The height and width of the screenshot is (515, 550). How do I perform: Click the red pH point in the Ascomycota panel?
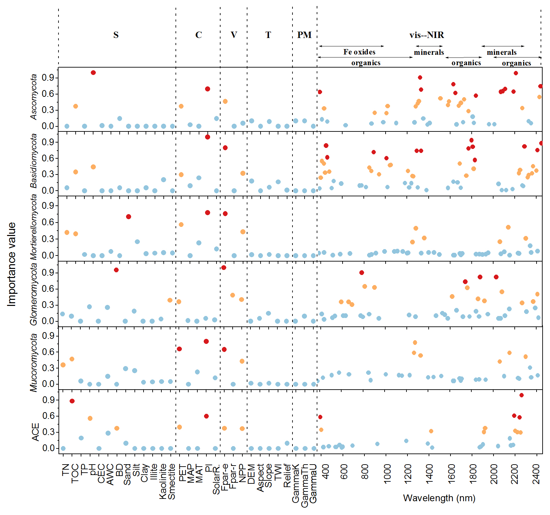click(93, 73)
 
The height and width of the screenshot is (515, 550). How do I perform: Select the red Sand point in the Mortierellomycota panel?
click(128, 216)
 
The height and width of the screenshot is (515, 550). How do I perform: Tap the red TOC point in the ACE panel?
click(72, 401)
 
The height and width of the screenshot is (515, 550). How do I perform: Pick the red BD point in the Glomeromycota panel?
click(116, 270)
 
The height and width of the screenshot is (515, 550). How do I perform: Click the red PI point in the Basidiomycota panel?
click(207, 137)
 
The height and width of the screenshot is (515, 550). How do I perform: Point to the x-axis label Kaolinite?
click(163, 481)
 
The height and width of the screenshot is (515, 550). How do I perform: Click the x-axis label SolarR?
click(217, 479)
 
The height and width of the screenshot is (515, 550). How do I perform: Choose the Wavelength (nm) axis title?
click(439, 498)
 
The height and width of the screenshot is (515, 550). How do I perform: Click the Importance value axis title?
click(12, 264)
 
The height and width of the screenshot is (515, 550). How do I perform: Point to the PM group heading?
click(304, 35)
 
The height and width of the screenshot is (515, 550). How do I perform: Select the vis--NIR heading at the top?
click(427, 35)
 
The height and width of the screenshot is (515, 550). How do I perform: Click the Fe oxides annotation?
click(359, 52)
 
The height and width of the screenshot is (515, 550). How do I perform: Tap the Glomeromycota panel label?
click(34, 294)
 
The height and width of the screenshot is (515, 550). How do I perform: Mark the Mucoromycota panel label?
click(34, 362)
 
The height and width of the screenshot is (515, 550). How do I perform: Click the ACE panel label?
click(35, 432)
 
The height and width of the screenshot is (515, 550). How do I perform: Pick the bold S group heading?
click(116, 35)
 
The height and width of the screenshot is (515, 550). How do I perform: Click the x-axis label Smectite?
click(172, 481)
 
